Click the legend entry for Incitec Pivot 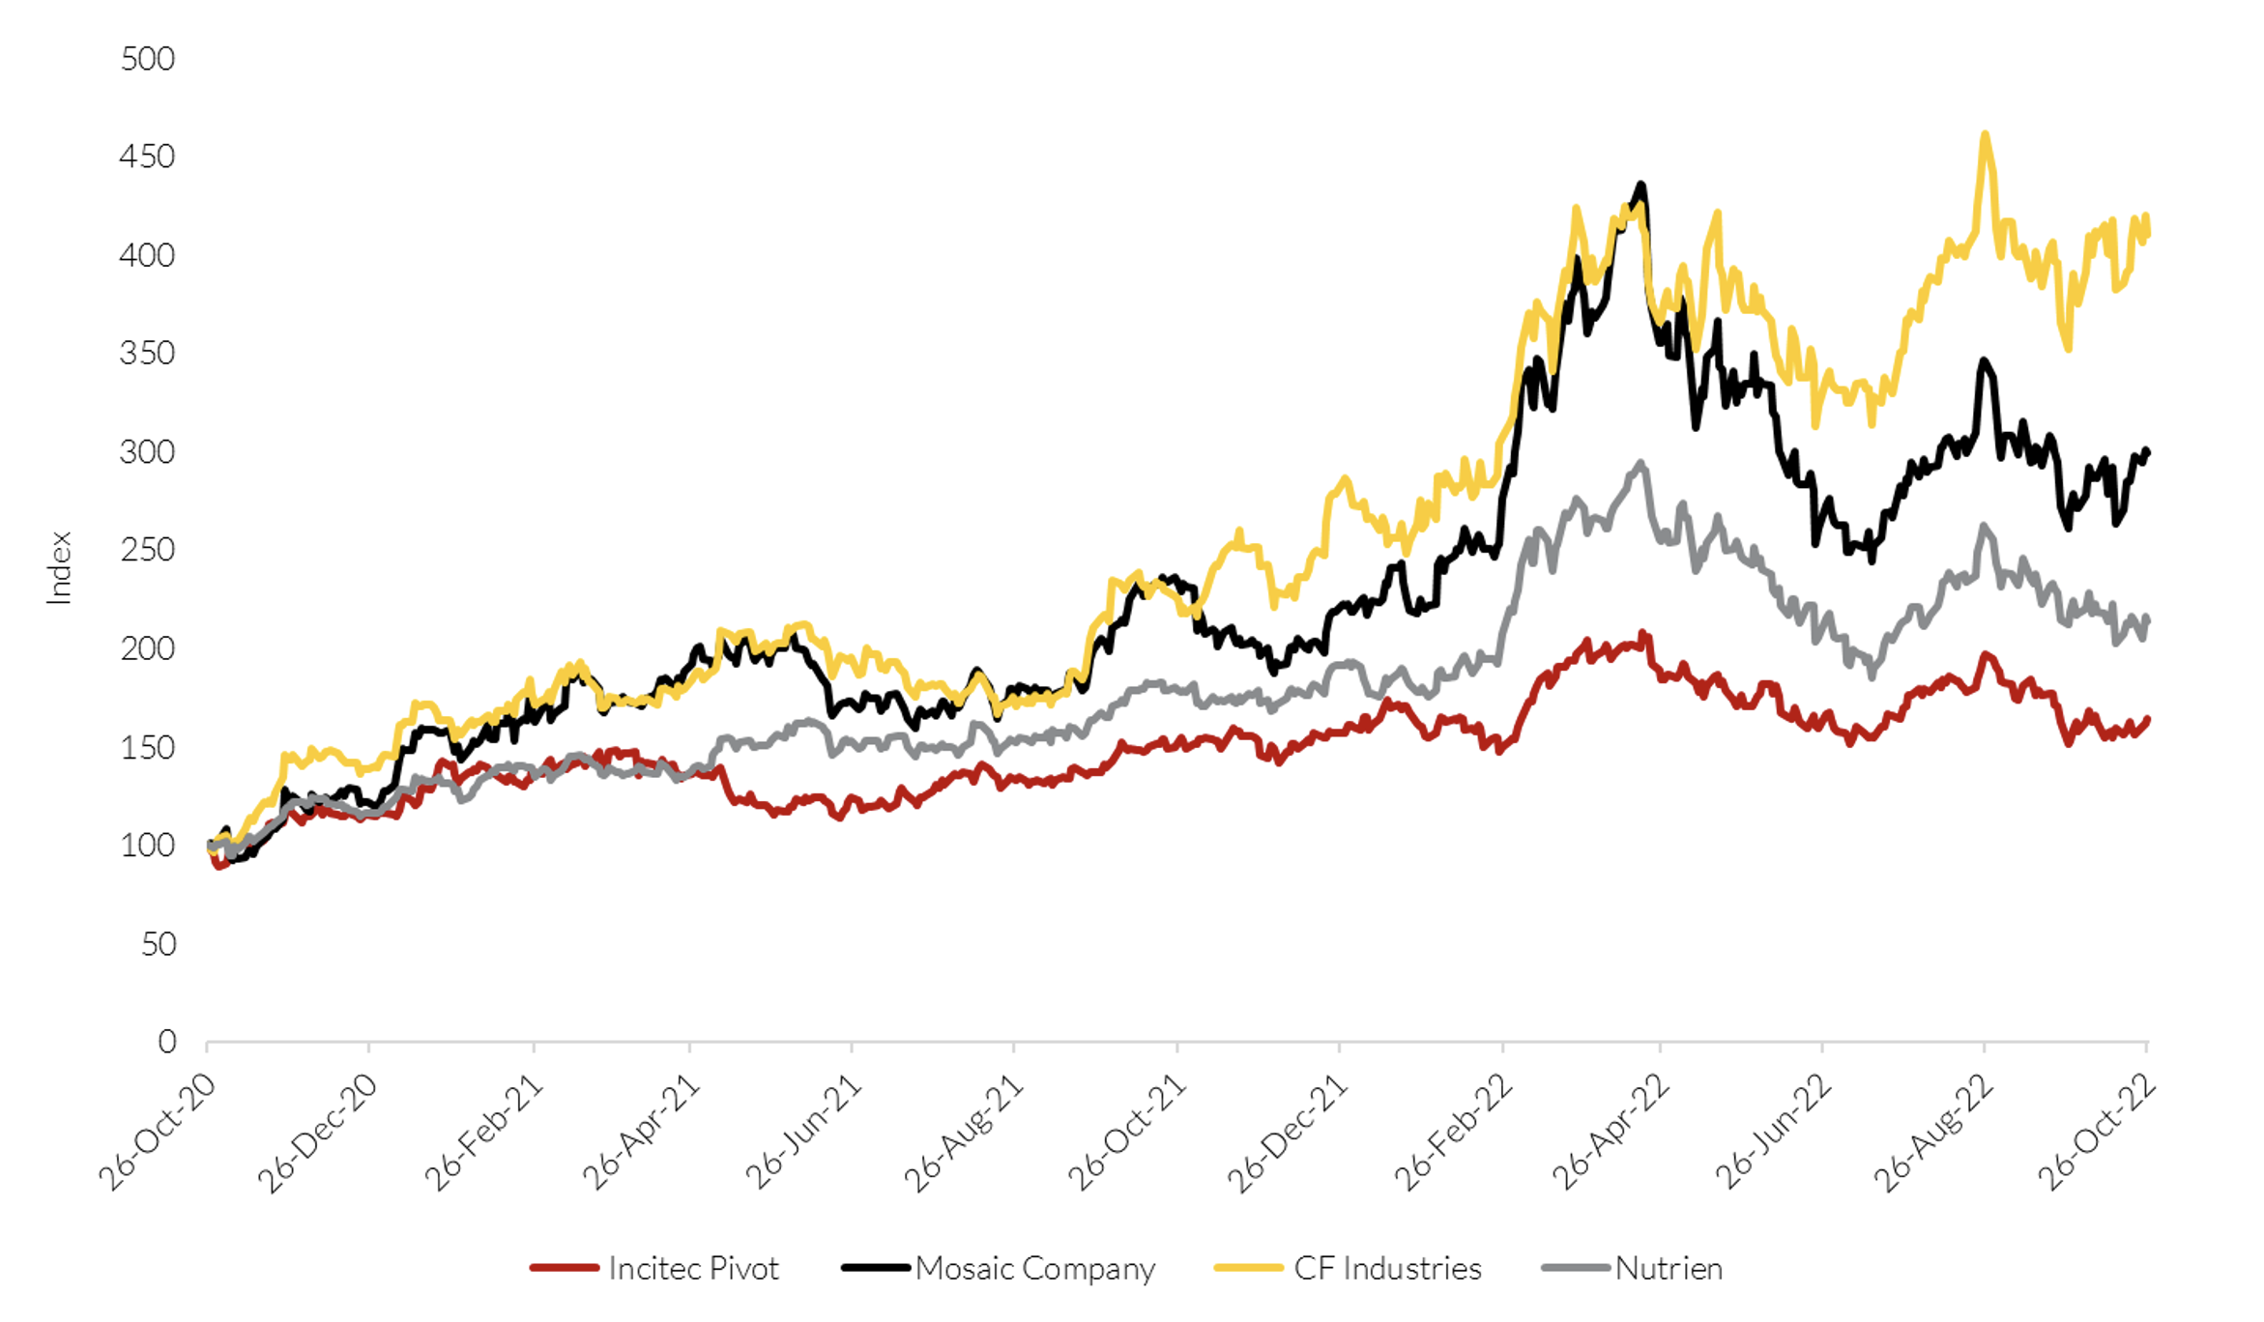[x=692, y=1268]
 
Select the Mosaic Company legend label [x=1034, y=1268]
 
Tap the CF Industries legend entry [x=1386, y=1268]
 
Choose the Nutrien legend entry [x=1669, y=1268]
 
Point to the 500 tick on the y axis [x=147, y=59]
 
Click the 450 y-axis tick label [x=147, y=157]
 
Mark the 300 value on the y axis [x=147, y=451]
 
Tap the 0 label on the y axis [x=167, y=1041]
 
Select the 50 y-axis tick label [x=159, y=943]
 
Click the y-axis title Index [x=60, y=568]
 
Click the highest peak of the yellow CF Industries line [x=1985, y=134]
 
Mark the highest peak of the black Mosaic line [x=1640, y=184]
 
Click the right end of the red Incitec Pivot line [x=2147, y=719]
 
